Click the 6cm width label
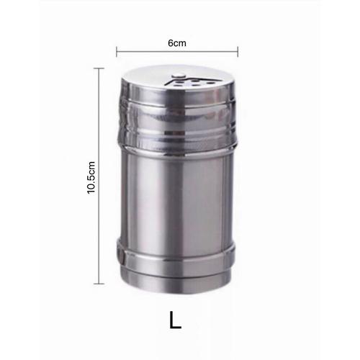point(177,43)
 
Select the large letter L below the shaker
point(176,320)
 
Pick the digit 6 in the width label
point(171,43)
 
